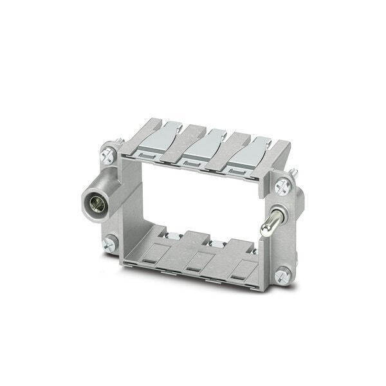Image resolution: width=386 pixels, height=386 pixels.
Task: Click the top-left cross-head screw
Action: click(x=107, y=154)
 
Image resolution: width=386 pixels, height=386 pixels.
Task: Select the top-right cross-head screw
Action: click(x=281, y=187)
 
